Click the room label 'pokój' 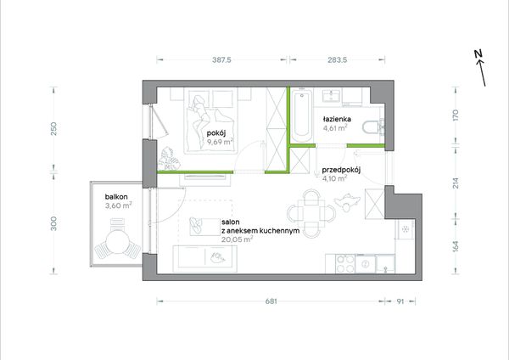point(216,133)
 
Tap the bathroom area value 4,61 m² point(335,128)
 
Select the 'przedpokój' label point(341,170)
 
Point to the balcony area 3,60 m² point(118,205)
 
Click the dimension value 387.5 point(221,59)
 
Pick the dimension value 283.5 point(338,59)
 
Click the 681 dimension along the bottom point(271,301)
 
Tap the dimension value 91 point(400,301)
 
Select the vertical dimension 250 point(54,129)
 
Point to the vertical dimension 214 point(456,183)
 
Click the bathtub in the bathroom point(302,115)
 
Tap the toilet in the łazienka point(372,127)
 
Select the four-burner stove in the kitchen point(345,264)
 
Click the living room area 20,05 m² point(238,239)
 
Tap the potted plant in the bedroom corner point(169,159)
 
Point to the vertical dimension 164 point(456,246)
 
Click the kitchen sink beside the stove point(366,263)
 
